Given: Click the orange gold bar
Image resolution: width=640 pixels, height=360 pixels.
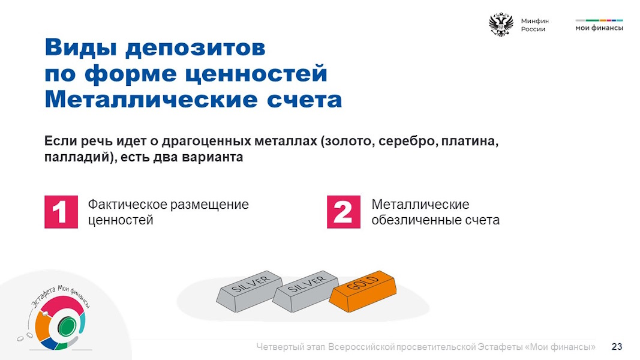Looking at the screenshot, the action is tap(362, 290).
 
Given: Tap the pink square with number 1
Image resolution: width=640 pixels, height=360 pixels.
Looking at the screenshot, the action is tap(61, 212).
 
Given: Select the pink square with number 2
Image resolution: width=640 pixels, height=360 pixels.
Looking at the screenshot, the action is tap(344, 212).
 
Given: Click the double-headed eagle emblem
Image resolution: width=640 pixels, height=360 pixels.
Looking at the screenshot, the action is tap(501, 25).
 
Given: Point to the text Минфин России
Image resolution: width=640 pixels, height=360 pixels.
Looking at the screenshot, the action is tap(534, 25).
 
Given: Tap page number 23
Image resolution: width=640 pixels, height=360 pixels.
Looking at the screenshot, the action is tap(617, 347).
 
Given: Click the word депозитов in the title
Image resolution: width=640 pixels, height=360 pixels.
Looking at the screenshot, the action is tap(196, 48).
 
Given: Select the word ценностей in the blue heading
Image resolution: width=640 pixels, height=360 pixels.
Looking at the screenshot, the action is tap(256, 74).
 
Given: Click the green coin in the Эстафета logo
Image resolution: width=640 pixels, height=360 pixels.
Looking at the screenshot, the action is tap(67, 326).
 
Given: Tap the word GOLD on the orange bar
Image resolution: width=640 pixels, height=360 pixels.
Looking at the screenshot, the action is tap(362, 283).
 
